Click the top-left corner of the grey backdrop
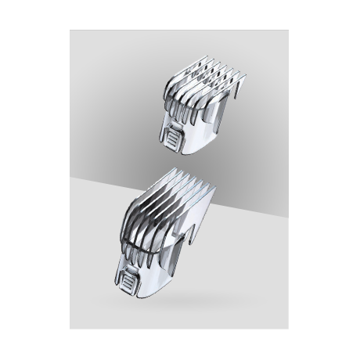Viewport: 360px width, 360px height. [x=71, y=31]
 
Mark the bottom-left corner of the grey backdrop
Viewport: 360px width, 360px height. [x=71, y=329]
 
